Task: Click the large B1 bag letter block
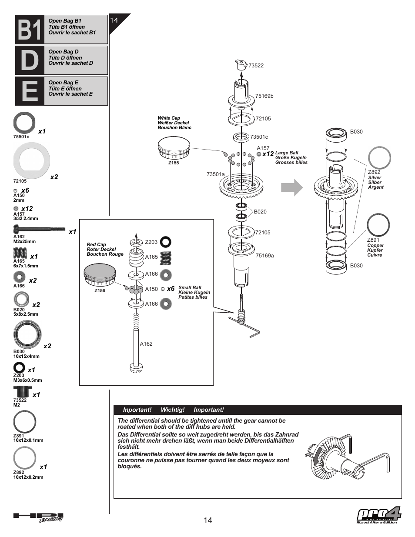pyautogui.click(x=30, y=30)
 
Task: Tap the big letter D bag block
pyautogui.click(x=30, y=60)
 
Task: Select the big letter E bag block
pyautogui.click(x=30, y=91)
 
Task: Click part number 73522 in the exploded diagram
pyautogui.click(x=256, y=66)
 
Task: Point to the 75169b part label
pyautogui.click(x=264, y=96)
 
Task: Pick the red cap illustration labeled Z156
pyautogui.click(x=100, y=276)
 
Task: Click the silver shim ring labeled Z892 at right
pyautogui.click(x=379, y=157)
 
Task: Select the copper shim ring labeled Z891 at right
pyautogui.click(x=378, y=225)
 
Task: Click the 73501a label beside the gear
pyautogui.click(x=215, y=174)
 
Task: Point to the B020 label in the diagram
pyautogui.click(x=260, y=212)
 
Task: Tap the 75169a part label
pyautogui.click(x=264, y=256)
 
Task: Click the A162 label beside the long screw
pyautogui.click(x=146, y=344)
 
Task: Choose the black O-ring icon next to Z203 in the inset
pyautogui.click(x=166, y=242)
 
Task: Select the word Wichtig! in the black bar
pyautogui.click(x=172, y=410)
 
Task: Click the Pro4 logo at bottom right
pyautogui.click(x=378, y=516)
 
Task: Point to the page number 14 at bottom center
pyautogui.click(x=207, y=520)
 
